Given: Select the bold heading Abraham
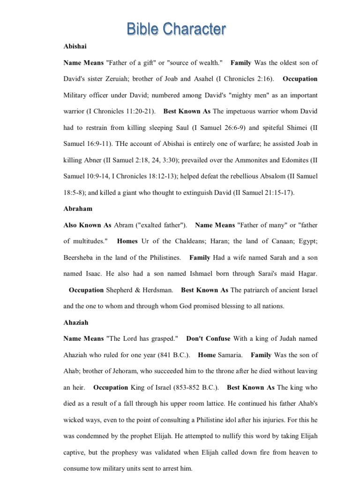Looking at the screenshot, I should click(78, 209).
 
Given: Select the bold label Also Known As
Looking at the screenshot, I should click(87, 225).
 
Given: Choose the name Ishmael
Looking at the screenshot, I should click(193, 274).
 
